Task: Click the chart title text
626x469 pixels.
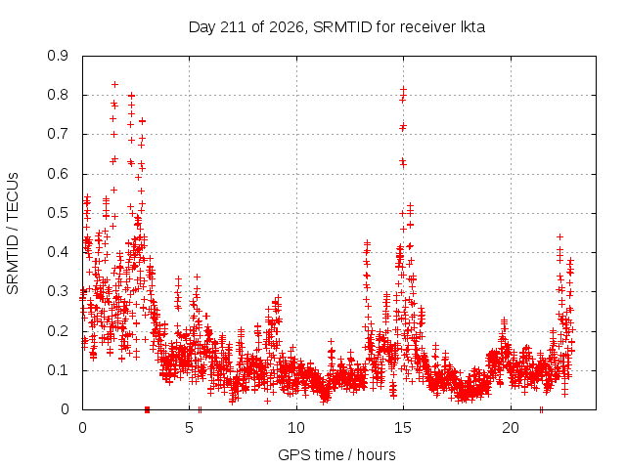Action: [x=336, y=27]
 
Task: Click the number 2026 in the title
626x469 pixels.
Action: [x=286, y=27]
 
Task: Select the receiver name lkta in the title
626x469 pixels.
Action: [x=472, y=27]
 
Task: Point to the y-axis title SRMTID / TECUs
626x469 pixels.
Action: [x=13, y=234]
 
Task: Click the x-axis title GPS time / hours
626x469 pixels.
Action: [x=336, y=454]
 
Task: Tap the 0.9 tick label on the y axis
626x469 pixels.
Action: [x=58, y=56]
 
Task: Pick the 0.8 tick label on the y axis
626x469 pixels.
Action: [x=58, y=95]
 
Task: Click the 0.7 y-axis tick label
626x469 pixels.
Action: [x=58, y=134]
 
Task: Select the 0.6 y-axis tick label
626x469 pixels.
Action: [x=58, y=174]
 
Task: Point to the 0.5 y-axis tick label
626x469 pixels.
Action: [x=58, y=213]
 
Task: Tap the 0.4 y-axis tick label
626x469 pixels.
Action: [x=58, y=252]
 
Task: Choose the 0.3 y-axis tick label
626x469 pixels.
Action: [x=58, y=291]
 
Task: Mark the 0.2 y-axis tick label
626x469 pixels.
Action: [x=58, y=331]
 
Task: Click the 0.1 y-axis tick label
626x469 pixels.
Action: [x=58, y=370]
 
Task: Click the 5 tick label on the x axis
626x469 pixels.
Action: [x=189, y=428]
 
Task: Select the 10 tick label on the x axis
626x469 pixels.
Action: [x=296, y=428]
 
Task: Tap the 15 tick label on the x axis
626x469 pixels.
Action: [x=403, y=428]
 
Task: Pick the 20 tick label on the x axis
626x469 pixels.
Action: [x=511, y=428]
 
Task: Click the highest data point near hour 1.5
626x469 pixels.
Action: [x=114, y=85]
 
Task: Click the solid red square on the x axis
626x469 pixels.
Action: [x=147, y=409]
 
